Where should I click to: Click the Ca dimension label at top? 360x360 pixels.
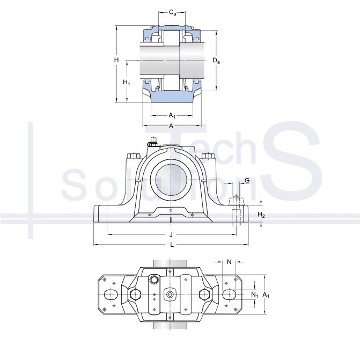pos(172,12)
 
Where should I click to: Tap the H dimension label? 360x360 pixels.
pos(116,60)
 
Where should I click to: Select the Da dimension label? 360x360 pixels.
pos(216,61)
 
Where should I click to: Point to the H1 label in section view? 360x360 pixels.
pos(127,82)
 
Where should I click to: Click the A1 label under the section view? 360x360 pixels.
pos(172,115)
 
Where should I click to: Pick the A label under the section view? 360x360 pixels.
pos(171,126)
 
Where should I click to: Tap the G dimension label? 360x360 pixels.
pos(247,180)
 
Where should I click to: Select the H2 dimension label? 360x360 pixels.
pos(261,215)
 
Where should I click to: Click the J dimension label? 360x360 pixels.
pos(171,234)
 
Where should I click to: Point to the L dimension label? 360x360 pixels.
pos(172,245)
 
